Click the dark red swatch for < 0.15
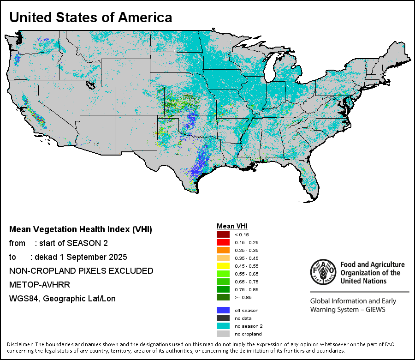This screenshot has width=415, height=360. tap(223, 234)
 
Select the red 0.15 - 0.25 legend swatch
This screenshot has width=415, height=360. tap(223, 242)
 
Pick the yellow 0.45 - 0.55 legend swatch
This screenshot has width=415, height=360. tap(223, 266)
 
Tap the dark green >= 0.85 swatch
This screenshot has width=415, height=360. tap(223, 297)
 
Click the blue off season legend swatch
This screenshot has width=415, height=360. tap(223, 310)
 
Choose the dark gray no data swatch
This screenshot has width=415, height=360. tap(223, 318)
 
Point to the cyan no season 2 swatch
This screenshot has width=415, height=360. tap(223, 326)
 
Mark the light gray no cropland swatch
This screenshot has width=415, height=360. tap(223, 334)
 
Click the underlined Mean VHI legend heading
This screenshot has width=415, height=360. tap(232, 226)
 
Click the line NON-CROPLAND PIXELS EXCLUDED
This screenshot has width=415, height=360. tap(81, 270)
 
